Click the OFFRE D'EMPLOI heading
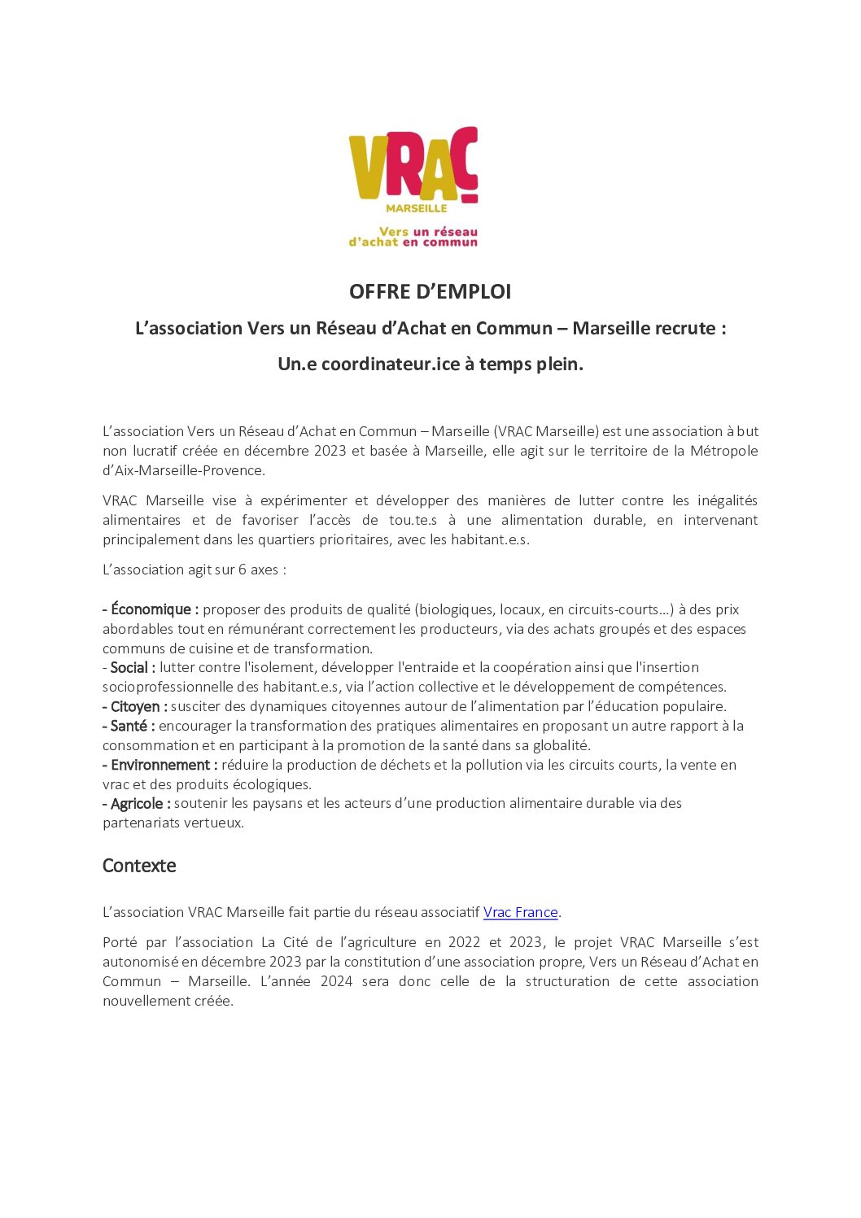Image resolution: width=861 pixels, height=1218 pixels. [430, 291]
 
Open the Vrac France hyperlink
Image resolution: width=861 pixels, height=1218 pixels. [520, 912]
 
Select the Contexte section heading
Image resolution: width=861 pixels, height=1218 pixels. [139, 866]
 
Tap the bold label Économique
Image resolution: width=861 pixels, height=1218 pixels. [154, 609]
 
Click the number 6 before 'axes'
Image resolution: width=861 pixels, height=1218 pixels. [242, 570]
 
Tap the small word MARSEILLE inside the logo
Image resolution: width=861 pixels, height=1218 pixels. [416, 207]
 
